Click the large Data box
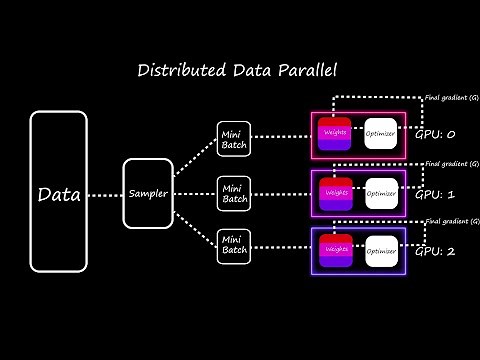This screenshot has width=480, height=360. coord(59,192)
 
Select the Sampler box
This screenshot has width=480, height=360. coord(148,192)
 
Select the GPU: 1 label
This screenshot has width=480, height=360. coord(436,194)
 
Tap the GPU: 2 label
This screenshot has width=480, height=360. coord(436,251)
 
